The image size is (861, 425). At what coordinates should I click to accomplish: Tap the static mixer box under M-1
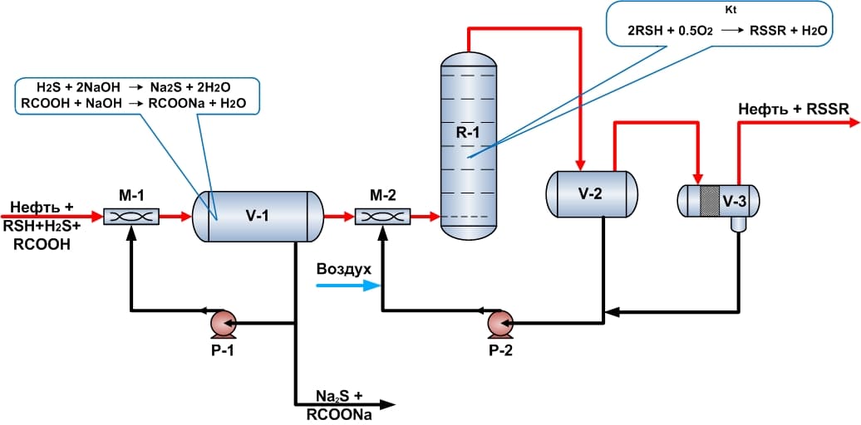pyautogui.click(x=131, y=217)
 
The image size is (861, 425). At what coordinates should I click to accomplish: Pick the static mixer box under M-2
pyautogui.click(x=382, y=217)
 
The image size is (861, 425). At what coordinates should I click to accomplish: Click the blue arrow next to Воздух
pyautogui.click(x=346, y=286)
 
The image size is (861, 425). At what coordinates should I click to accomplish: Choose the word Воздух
pyautogui.click(x=343, y=270)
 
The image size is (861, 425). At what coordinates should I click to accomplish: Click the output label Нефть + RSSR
pyautogui.click(x=793, y=110)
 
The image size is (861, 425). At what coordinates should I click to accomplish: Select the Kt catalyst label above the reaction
pyautogui.click(x=731, y=11)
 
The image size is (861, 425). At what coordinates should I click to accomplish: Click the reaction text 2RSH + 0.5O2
pyautogui.click(x=665, y=30)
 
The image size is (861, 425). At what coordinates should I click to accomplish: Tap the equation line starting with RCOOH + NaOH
pyautogui.click(x=139, y=102)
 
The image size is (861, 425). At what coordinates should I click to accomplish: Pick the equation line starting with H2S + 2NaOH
pyautogui.click(x=139, y=87)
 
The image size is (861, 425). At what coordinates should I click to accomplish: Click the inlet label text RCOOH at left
pyautogui.click(x=41, y=245)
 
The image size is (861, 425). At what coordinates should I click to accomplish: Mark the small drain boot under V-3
pyautogui.click(x=737, y=225)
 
